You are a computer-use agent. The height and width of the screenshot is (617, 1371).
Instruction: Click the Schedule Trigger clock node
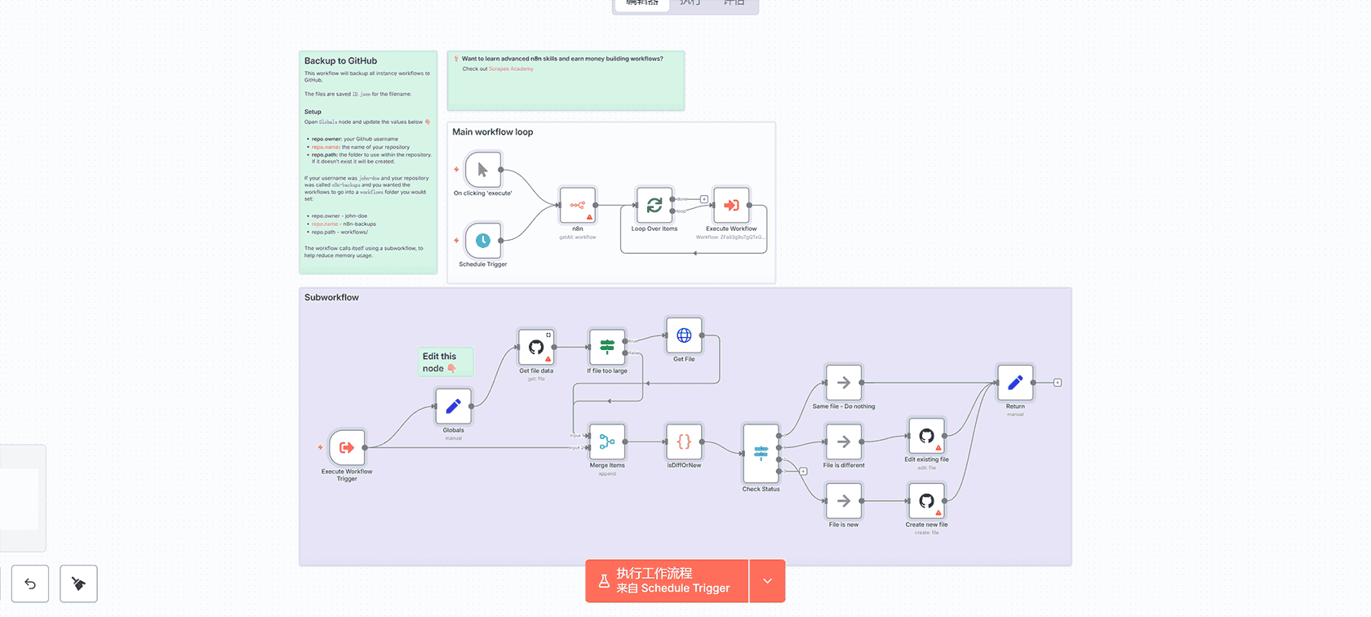click(483, 240)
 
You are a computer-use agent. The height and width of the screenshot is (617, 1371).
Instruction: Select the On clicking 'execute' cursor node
click(483, 170)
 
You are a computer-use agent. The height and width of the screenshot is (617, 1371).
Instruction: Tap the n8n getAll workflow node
click(578, 206)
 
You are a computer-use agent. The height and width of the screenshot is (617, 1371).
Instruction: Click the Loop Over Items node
click(654, 206)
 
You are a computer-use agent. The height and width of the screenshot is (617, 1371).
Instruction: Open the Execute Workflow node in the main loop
click(731, 206)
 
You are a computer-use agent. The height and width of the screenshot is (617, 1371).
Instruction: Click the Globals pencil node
click(453, 406)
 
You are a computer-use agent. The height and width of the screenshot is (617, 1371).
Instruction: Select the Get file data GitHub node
click(536, 347)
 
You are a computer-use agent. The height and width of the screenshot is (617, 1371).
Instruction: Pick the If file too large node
click(607, 347)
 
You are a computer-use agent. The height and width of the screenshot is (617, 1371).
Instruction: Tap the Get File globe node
click(684, 335)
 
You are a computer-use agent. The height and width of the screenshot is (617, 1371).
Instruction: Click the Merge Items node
click(607, 442)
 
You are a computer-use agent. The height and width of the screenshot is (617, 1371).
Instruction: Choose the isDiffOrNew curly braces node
click(684, 442)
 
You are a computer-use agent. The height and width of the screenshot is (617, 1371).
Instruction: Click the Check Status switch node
click(761, 453)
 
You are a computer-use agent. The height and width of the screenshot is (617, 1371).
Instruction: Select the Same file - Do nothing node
click(844, 383)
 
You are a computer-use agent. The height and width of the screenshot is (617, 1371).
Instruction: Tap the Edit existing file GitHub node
click(926, 436)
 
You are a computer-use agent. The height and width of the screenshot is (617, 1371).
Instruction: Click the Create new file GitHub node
click(926, 501)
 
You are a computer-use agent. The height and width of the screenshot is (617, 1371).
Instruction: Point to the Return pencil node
click(1015, 383)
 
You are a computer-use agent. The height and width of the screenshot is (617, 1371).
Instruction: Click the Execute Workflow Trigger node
click(347, 447)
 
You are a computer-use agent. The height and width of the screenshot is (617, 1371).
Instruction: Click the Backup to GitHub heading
click(340, 61)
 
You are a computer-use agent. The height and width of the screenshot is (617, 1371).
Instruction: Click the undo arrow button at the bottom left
click(30, 584)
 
